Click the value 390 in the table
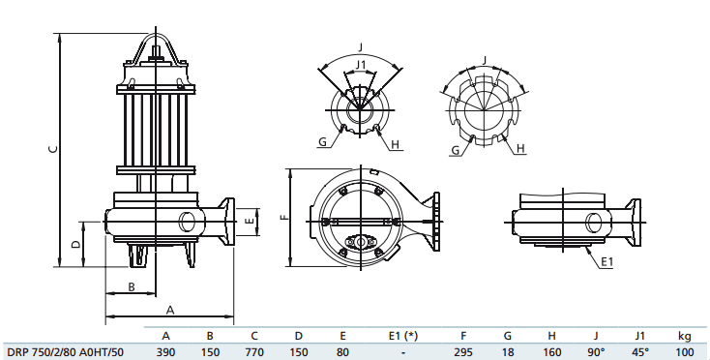[165, 352]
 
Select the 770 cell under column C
[254, 352]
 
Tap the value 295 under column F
[463, 352]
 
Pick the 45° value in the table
[639, 352]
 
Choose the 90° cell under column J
[596, 352]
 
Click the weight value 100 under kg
[684, 352]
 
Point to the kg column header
[685, 336]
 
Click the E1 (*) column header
[403, 336]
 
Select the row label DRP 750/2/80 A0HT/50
[65, 352]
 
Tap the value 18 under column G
[508, 352]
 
